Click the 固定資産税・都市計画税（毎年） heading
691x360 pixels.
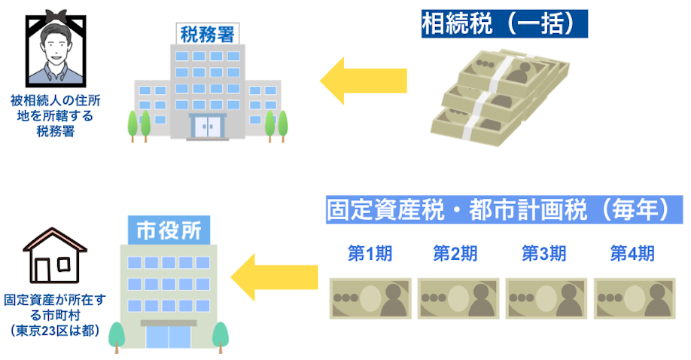pyautogui.click(x=498, y=210)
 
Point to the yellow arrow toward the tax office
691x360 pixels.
pyautogui.click(x=364, y=78)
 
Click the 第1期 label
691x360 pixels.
pyautogui.click(x=370, y=253)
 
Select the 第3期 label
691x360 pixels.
pyautogui.click(x=543, y=253)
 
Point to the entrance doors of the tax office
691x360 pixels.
pyautogui.click(x=206, y=126)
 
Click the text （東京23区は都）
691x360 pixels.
pyautogui.click(x=54, y=329)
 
